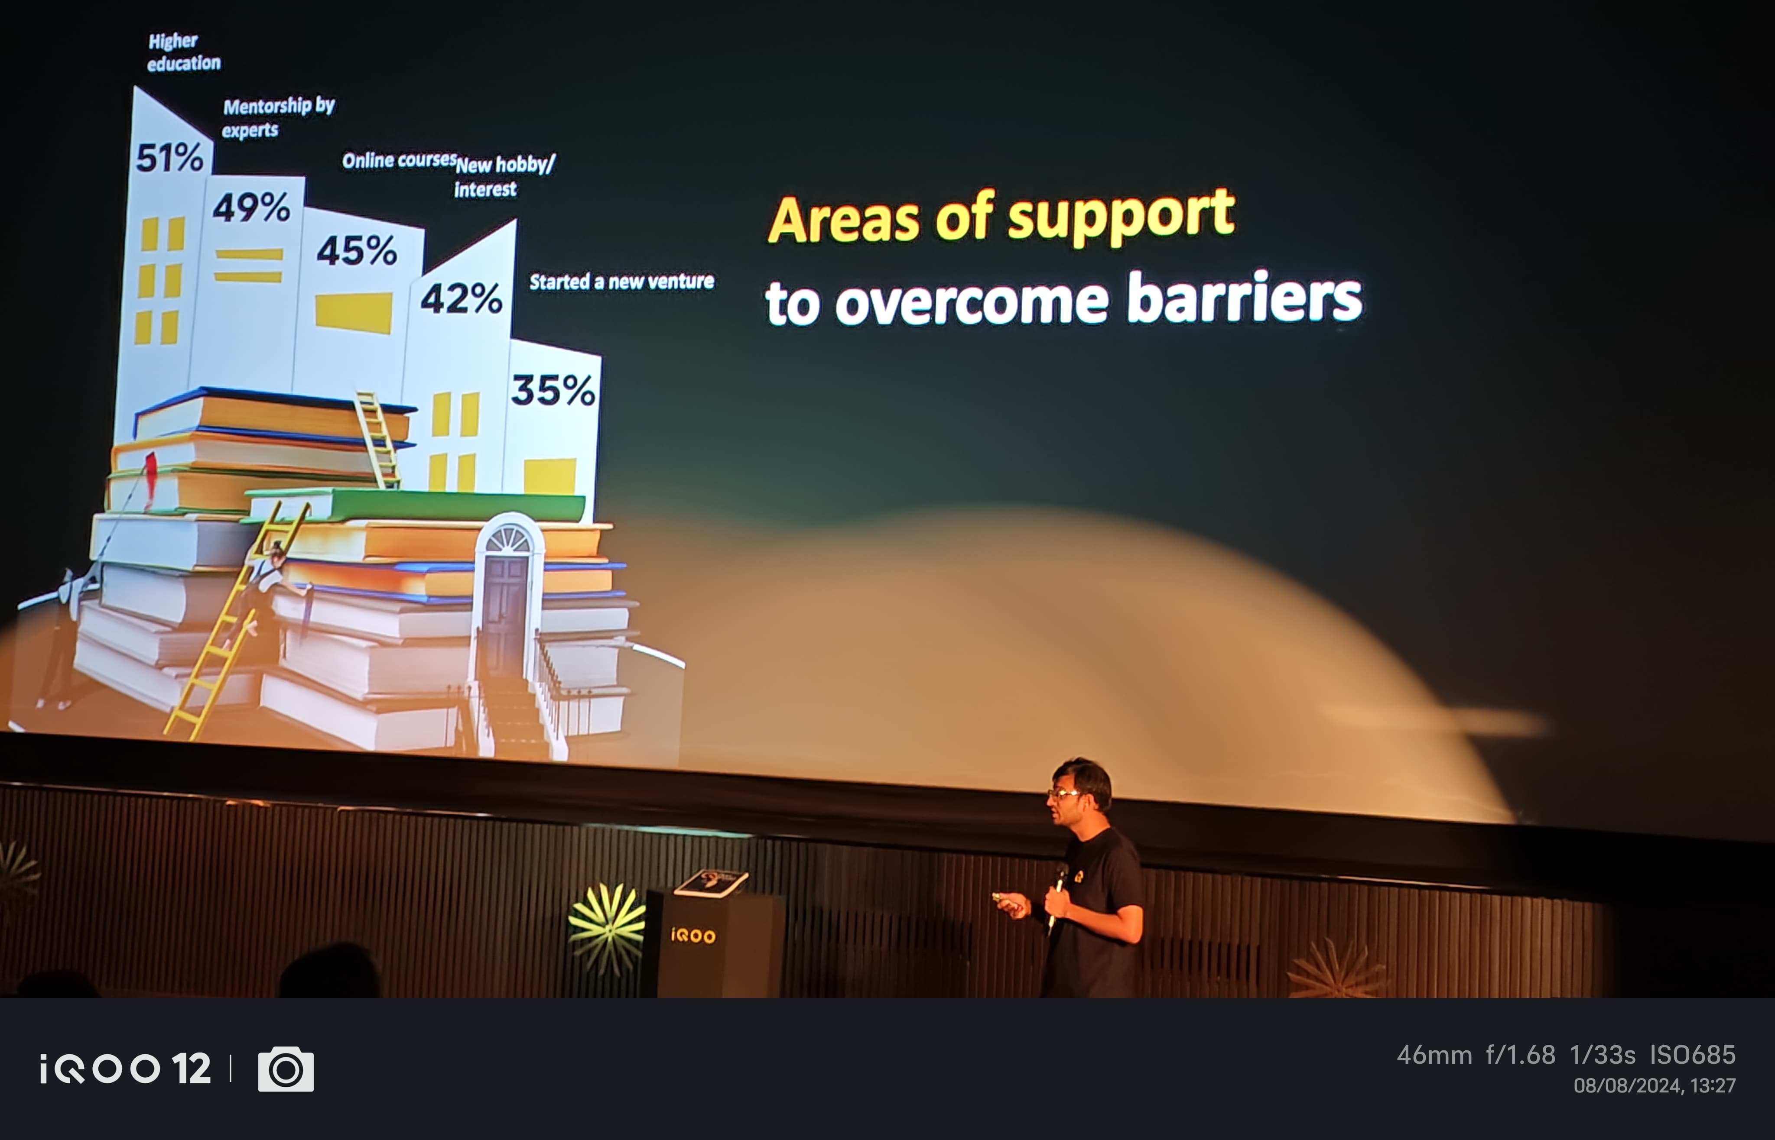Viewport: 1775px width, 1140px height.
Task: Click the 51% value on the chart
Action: [169, 158]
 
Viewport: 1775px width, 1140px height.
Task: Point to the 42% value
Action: [462, 298]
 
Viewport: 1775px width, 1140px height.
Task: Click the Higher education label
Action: [184, 52]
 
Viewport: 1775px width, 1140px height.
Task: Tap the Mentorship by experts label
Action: [279, 118]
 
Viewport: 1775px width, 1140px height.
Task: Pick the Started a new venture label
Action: [622, 281]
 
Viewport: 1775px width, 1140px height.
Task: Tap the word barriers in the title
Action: [1244, 298]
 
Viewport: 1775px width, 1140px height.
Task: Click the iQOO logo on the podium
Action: [693, 936]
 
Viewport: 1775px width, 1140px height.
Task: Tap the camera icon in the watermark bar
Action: [286, 1069]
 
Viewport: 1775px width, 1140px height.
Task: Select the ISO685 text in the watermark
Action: [1693, 1055]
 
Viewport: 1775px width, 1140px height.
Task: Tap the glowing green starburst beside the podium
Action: [607, 925]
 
